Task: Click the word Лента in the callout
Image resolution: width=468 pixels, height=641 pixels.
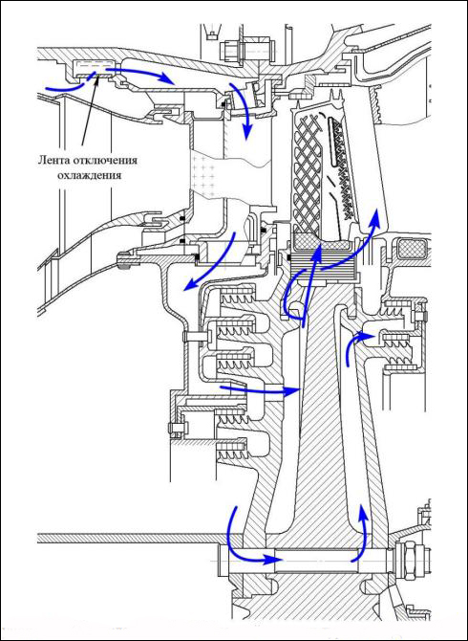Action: coord(54,160)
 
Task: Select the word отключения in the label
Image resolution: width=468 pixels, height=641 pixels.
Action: coord(105,160)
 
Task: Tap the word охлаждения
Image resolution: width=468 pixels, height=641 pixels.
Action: coord(90,175)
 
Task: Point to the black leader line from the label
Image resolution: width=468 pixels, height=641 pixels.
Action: coord(90,109)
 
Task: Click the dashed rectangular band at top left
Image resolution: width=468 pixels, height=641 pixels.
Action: coord(93,68)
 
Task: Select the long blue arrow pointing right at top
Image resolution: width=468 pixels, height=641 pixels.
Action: coord(138,73)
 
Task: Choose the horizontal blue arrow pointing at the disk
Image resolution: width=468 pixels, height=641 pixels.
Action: coord(261,389)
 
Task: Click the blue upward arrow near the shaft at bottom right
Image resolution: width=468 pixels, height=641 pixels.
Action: coord(362,531)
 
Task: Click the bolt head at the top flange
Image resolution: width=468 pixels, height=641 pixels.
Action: coord(227,51)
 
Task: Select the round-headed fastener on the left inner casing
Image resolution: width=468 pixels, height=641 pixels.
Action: coord(123,260)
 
